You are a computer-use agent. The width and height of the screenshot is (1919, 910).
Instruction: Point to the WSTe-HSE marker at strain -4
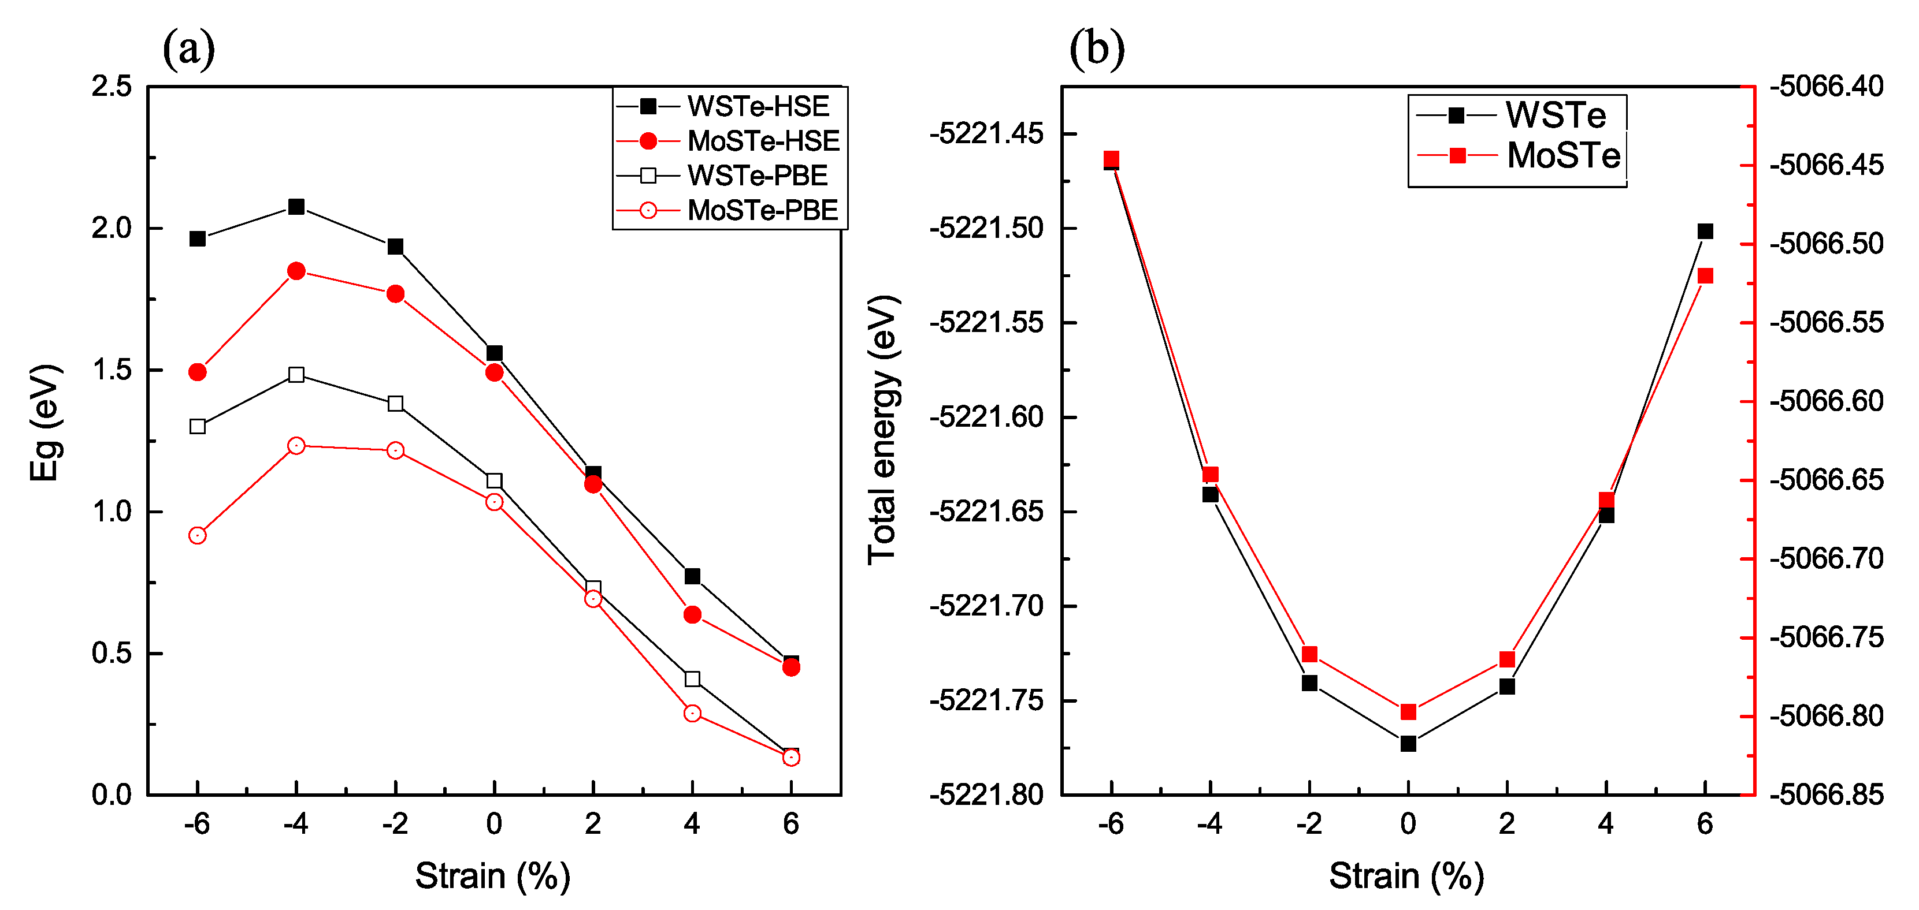296,206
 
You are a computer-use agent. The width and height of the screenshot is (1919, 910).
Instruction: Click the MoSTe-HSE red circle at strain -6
198,372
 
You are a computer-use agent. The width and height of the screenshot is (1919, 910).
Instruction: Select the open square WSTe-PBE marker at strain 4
692,678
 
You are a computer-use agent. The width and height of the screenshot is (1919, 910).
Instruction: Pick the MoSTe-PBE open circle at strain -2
396,450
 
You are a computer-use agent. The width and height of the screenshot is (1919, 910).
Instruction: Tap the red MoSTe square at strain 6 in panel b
1705,275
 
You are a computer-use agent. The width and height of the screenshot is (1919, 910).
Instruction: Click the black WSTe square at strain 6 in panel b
1705,232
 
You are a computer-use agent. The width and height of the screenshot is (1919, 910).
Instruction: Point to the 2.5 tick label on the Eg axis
112,87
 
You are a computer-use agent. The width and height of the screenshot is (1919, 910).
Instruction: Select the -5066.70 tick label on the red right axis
1827,558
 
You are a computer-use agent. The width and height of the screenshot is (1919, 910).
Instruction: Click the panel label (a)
188,49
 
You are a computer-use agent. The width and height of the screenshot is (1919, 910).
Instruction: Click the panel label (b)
1097,49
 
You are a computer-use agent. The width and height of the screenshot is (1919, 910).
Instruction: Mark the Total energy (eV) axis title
883,430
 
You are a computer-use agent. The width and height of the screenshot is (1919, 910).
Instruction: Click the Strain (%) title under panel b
1406,876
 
